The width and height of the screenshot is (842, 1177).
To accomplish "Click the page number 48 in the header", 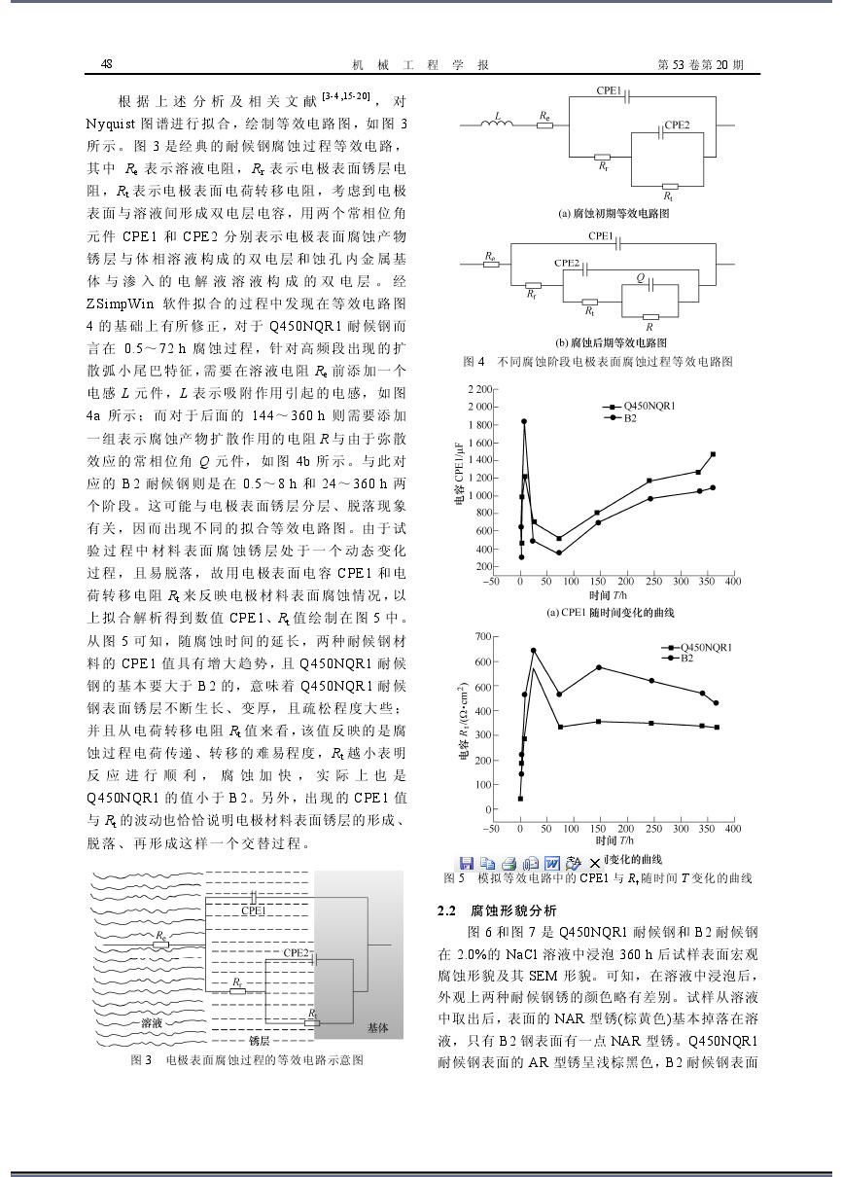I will pos(107,64).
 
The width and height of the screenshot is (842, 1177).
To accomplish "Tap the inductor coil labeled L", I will pos(497,123).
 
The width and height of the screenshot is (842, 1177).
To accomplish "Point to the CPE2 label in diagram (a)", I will pos(677,125).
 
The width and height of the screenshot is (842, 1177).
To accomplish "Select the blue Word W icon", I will pos(551,862).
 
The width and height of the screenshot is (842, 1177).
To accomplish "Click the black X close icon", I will pos(594,863).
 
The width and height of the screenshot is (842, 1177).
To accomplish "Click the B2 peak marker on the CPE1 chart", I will pos(524,421).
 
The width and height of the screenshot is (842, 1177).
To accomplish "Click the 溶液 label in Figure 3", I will pos(152,1022).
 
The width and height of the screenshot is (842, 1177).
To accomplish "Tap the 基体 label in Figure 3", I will pos(377,1027).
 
